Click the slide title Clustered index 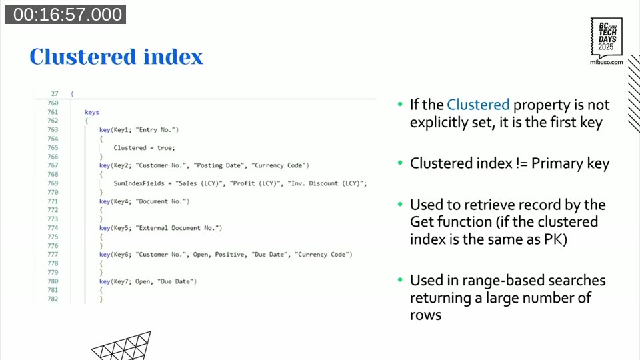(x=116, y=57)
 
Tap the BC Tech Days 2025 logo (x=607, y=38)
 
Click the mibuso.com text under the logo (x=607, y=62)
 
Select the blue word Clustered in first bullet (x=478, y=105)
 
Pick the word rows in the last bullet (x=425, y=315)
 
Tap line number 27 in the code (x=55, y=94)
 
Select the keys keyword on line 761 (x=92, y=112)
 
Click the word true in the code (x=165, y=147)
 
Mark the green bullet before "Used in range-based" (x=400, y=280)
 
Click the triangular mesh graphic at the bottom (x=121, y=347)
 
